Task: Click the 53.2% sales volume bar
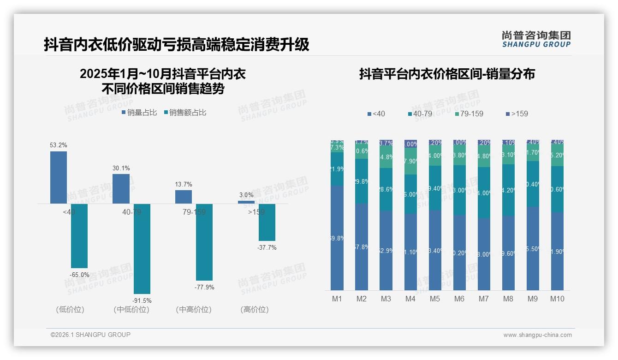click(59, 177)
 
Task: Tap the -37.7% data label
click(267, 248)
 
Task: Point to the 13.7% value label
click(184, 185)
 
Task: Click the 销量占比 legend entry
click(139, 113)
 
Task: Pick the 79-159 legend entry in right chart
click(469, 114)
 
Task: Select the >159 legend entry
click(517, 114)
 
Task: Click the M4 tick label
click(410, 299)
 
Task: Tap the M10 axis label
click(557, 299)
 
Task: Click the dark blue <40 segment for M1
click(337, 238)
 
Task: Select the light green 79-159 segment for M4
click(410, 161)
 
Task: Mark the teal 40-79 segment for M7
click(484, 192)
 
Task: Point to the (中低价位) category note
click(131, 310)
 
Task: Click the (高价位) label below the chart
click(254, 310)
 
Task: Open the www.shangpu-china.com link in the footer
click(537, 335)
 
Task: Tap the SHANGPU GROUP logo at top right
click(536, 39)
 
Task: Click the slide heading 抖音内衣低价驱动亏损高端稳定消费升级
click(176, 45)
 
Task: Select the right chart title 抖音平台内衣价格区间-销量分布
click(447, 74)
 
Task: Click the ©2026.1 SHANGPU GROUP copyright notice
click(90, 335)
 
